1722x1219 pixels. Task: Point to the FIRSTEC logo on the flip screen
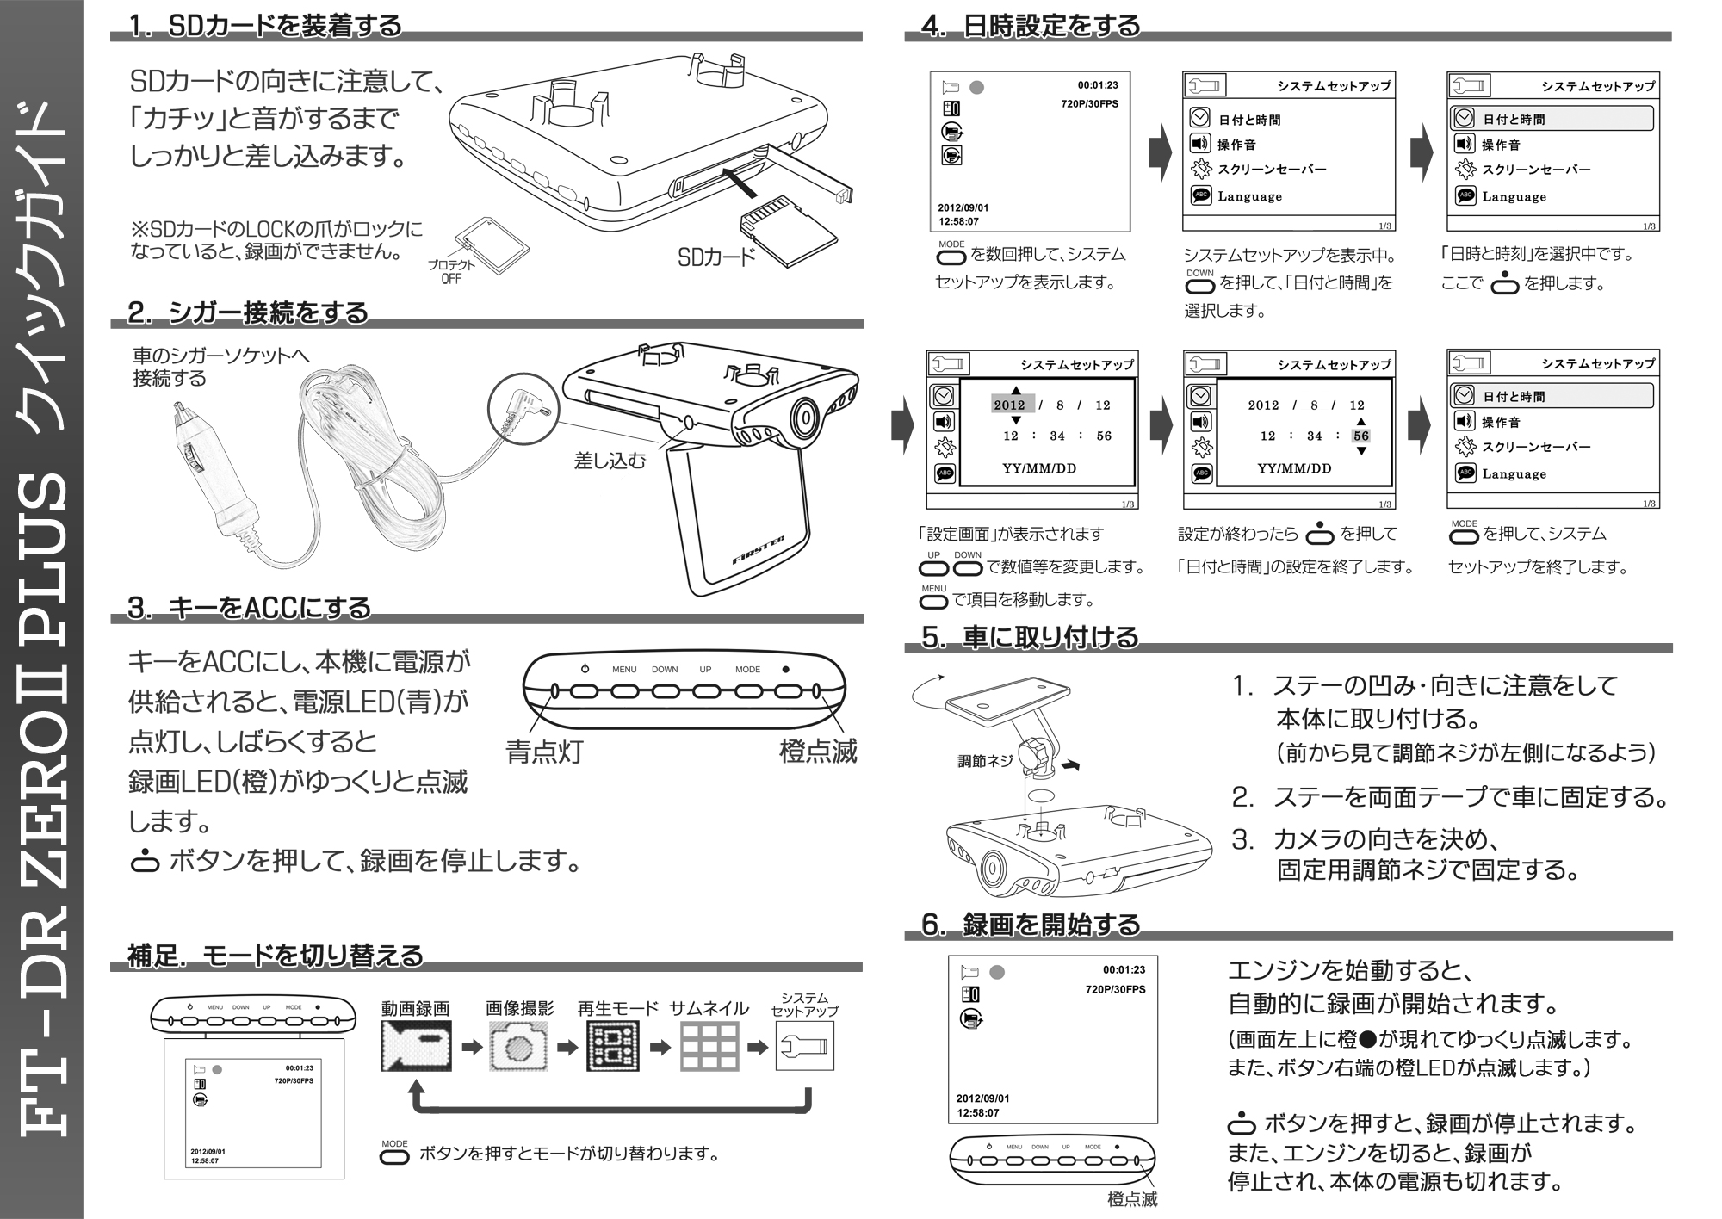click(758, 548)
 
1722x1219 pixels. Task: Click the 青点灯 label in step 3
click(544, 752)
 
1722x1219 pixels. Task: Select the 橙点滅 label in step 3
click(817, 752)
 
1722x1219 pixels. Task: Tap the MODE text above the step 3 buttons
click(747, 669)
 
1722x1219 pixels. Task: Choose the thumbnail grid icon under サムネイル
click(709, 1047)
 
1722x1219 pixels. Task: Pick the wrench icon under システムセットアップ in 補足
click(804, 1047)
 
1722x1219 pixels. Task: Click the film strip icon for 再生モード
click(613, 1047)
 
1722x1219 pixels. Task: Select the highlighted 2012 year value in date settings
click(1009, 405)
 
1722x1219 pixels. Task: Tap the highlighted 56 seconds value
click(1360, 436)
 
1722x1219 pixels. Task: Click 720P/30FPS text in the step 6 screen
click(1115, 989)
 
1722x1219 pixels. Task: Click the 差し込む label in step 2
click(610, 461)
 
